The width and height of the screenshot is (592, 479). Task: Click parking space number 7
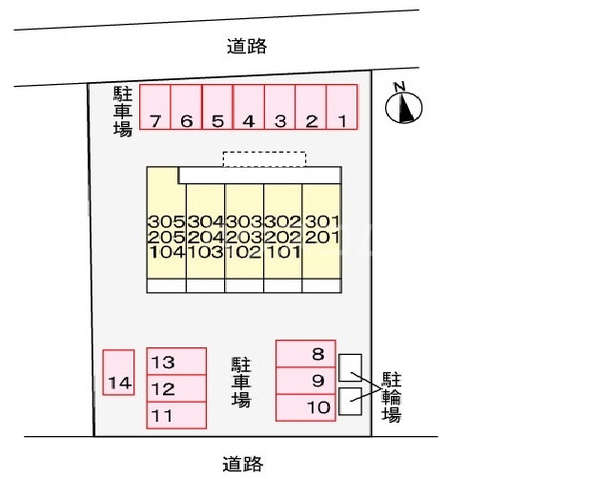point(155,107)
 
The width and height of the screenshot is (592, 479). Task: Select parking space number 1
point(341,107)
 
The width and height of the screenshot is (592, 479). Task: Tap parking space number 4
point(248,107)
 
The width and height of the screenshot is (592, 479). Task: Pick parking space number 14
point(119,372)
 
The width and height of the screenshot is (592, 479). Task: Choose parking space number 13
point(176,362)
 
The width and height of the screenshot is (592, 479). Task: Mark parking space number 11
point(176,416)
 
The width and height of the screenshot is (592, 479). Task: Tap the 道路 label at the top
point(247,44)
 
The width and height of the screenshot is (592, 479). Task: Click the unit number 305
point(167,221)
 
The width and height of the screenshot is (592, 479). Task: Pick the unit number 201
point(321,237)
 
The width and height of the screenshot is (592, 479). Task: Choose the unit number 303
point(244,221)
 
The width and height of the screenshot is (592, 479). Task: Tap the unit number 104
point(167,253)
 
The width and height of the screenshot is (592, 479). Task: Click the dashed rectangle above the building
point(264,158)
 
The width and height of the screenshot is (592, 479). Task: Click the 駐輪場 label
point(392,396)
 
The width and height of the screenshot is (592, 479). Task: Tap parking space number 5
point(217,107)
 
